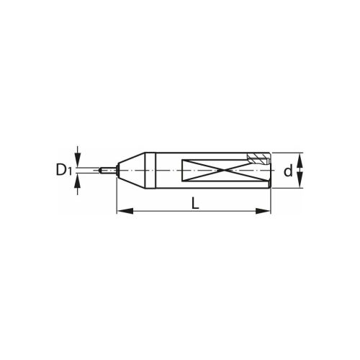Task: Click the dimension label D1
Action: [64, 169]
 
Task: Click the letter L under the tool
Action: [196, 202]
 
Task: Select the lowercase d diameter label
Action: [288, 171]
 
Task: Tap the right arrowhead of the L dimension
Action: [263, 211]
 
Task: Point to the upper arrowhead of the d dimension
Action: [300, 160]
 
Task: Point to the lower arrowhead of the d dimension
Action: [300, 181]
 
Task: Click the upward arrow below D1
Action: [77, 184]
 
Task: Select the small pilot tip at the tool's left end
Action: [108, 170]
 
